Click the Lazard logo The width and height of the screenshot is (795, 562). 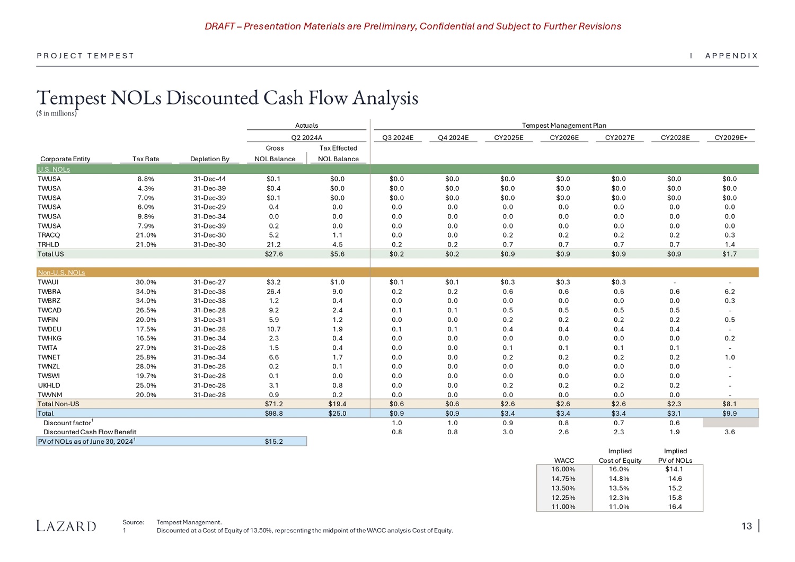[x=66, y=526]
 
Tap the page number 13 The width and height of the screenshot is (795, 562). [x=746, y=526]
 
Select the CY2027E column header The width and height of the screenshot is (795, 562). [x=620, y=138]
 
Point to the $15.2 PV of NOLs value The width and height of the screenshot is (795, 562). [x=273, y=441]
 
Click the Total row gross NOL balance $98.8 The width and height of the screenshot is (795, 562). [x=273, y=413]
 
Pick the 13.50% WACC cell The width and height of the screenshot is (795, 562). [x=563, y=488]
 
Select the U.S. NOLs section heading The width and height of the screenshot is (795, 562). [x=54, y=169]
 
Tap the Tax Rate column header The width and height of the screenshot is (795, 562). [x=146, y=159]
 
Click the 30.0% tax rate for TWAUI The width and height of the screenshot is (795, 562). [x=146, y=282]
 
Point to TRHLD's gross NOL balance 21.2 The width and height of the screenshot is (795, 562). [x=273, y=244]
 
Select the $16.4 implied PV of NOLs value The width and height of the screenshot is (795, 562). [x=675, y=507]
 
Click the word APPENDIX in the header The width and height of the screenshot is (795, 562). [x=731, y=56]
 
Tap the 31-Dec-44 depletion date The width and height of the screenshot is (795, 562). [x=210, y=179]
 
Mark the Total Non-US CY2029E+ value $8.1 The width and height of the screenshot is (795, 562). [x=730, y=404]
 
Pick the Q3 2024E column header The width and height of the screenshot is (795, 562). [x=397, y=138]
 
